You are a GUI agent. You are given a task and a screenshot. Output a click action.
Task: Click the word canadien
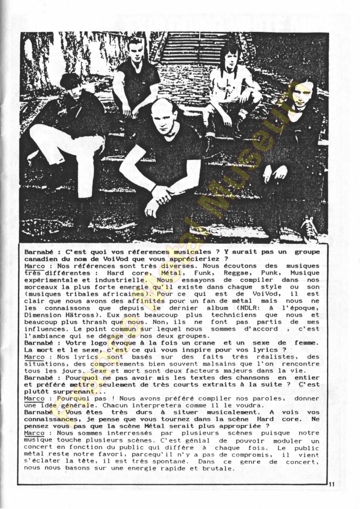tap(42, 259)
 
